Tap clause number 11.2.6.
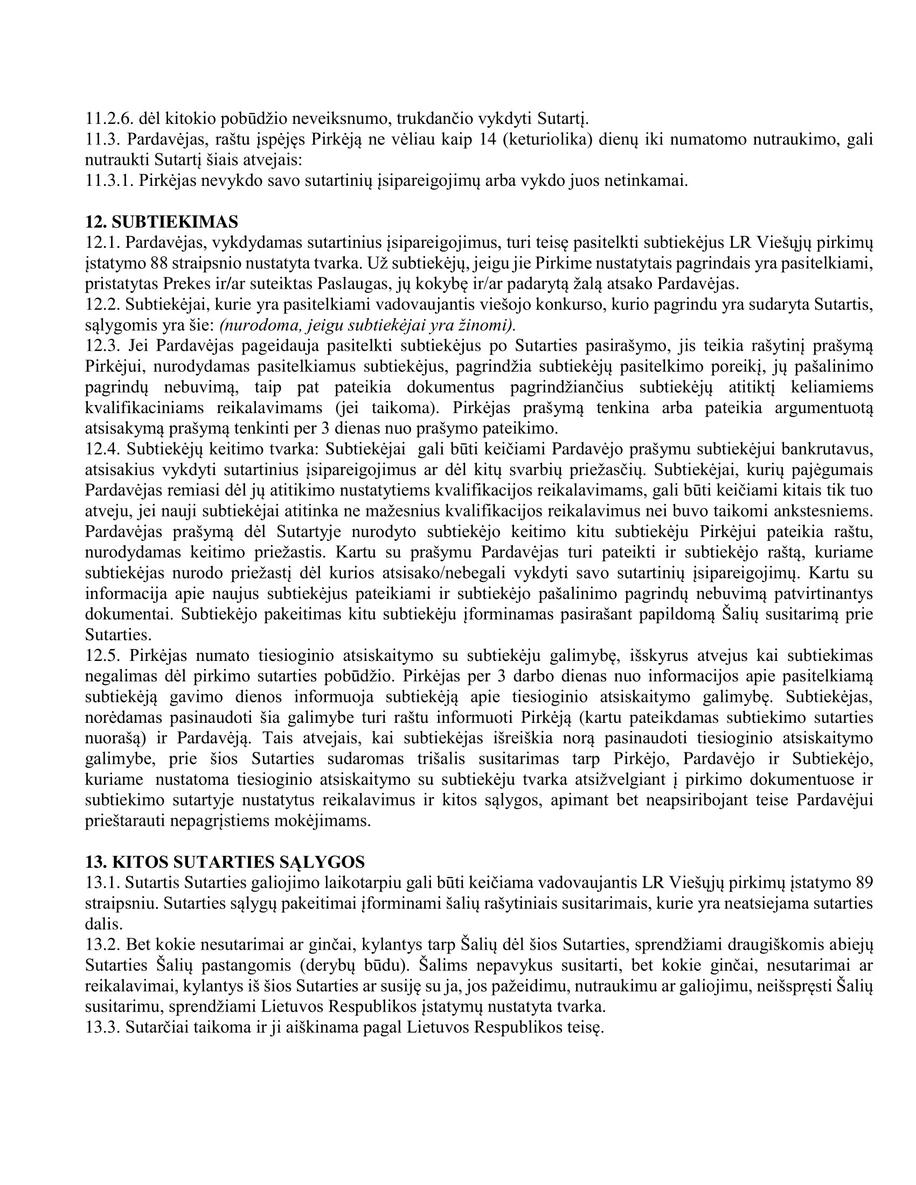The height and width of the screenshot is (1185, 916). click(109, 119)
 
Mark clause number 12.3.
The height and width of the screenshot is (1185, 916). click(102, 346)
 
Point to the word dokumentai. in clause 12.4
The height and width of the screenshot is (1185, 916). click(130, 615)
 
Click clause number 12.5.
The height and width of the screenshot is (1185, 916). click(102, 656)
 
